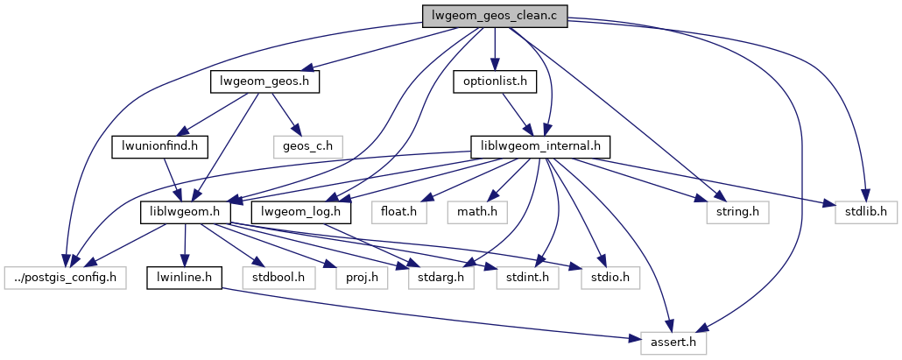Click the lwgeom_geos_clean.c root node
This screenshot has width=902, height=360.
(x=495, y=16)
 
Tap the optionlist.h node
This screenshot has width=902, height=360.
(x=494, y=82)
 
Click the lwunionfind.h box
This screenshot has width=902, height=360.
(x=159, y=145)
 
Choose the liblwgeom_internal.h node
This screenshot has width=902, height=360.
(x=540, y=145)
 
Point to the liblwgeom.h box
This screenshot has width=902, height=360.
(x=185, y=212)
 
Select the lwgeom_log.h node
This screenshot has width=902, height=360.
(x=301, y=212)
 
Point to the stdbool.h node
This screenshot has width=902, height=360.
(x=278, y=278)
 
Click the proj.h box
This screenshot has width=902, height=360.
(x=356, y=278)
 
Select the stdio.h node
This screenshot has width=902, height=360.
(x=608, y=278)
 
